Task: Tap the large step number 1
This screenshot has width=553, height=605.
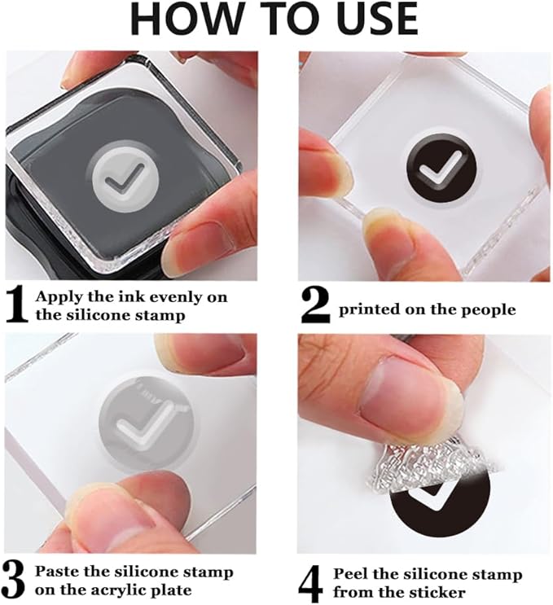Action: click(17, 305)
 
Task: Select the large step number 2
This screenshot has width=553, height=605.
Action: click(316, 306)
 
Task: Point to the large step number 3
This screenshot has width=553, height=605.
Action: click(14, 581)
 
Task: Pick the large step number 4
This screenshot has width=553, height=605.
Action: click(311, 583)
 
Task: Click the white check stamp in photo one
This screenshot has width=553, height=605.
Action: click(125, 178)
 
